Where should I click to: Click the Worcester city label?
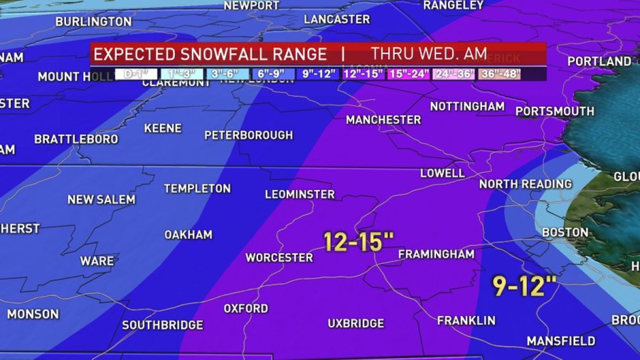click(279, 258)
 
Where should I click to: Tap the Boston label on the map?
click(565, 233)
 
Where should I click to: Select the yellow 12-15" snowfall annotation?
click(354, 241)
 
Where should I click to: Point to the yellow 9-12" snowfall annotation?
click(524, 286)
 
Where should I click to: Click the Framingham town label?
click(436, 254)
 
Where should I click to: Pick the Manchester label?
click(383, 119)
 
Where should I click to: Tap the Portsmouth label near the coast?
click(555, 111)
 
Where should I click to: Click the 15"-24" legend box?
click(409, 74)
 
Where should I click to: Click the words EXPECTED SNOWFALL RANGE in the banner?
click(211, 54)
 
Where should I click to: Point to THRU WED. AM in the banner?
click(429, 54)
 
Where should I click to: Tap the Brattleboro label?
click(76, 139)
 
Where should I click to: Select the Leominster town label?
click(300, 194)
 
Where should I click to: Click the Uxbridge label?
click(356, 323)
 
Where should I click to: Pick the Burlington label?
click(93, 22)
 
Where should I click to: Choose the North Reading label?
click(525, 184)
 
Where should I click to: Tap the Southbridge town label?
click(163, 325)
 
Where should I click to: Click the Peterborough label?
click(249, 135)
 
